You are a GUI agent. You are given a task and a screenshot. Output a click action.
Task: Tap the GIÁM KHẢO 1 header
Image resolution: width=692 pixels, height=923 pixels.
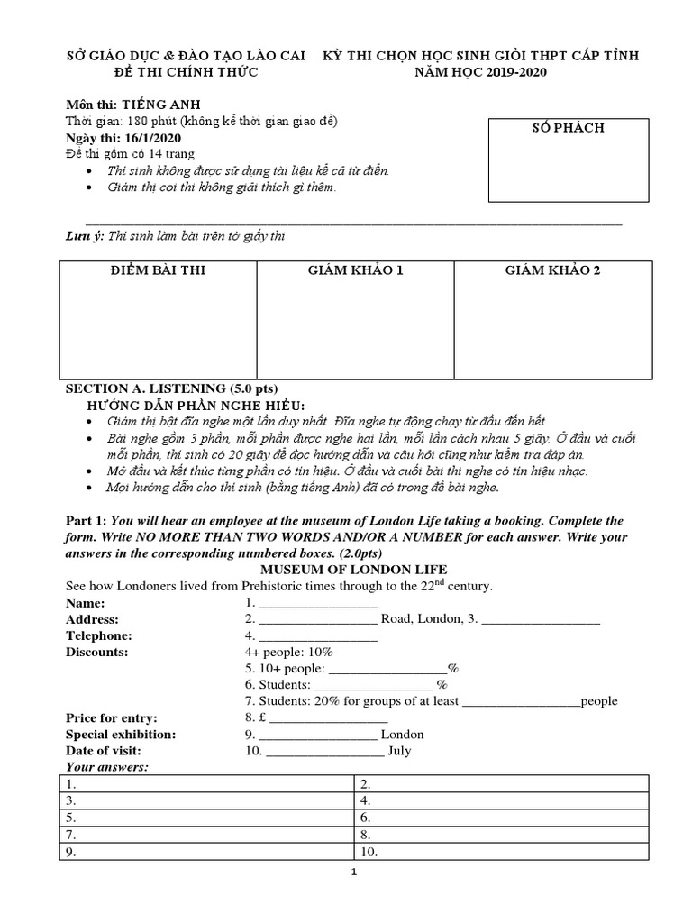355,270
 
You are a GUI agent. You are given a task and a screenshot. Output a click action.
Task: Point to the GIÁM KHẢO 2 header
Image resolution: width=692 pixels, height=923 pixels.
552,270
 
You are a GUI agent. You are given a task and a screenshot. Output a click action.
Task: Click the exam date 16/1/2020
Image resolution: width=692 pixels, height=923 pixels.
155,138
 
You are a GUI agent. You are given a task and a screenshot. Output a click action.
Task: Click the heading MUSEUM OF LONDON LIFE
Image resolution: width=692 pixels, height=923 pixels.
341,571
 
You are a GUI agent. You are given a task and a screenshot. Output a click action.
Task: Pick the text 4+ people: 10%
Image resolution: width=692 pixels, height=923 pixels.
288,652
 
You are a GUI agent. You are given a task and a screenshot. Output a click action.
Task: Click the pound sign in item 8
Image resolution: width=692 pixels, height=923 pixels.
261,717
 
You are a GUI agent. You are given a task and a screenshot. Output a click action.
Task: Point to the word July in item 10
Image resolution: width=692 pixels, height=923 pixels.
398,750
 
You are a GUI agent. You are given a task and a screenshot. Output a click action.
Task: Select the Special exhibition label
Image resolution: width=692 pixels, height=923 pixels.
121,734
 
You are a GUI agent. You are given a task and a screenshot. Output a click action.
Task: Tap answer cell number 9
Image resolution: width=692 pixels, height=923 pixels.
207,851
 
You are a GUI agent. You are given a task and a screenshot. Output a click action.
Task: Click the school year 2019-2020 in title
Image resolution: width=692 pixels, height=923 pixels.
506,72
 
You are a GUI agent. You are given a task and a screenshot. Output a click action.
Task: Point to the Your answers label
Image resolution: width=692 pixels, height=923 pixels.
107,766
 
